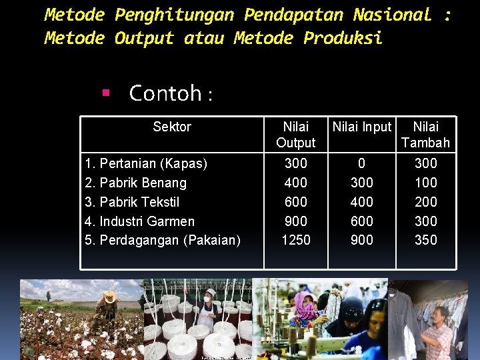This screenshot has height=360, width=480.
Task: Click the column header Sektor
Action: click(172, 127)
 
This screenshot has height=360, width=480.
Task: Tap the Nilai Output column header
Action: click(295, 135)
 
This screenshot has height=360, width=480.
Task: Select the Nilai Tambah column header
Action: click(425, 135)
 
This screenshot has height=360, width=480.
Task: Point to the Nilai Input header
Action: click(362, 127)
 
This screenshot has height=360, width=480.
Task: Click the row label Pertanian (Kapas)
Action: click(147, 163)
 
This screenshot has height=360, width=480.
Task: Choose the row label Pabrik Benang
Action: click(137, 183)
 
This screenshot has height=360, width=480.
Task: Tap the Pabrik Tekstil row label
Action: click(133, 202)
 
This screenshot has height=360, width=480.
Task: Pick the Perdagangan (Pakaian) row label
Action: click(163, 240)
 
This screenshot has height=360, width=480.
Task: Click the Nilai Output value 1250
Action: click(295, 240)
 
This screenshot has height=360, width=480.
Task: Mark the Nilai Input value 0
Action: click(362, 163)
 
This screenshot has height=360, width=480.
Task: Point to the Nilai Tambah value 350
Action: click(425, 240)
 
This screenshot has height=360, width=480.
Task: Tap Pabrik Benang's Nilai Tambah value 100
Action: click(425, 183)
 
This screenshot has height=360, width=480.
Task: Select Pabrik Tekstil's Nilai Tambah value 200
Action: click(425, 202)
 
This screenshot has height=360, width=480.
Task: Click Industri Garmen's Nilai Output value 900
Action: click(295, 221)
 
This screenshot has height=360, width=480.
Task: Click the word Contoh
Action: click(165, 93)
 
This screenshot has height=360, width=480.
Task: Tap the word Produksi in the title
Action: click(343, 39)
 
